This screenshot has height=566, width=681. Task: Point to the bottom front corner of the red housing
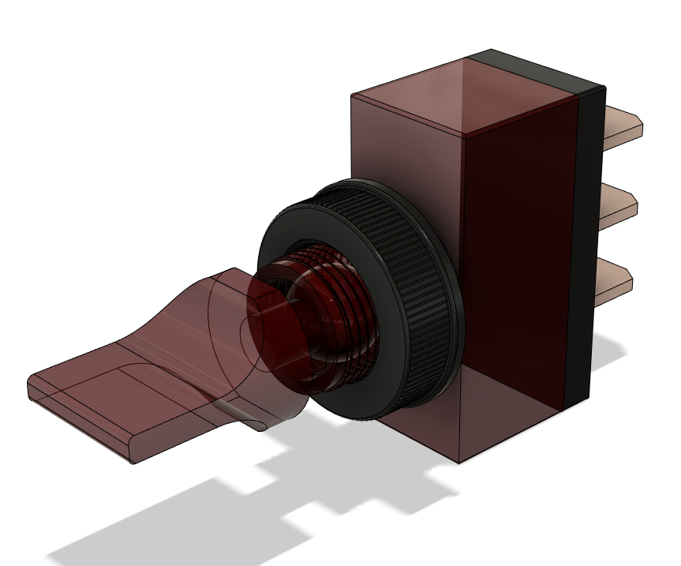coord(461,463)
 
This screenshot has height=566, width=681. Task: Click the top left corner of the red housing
coord(352,96)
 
